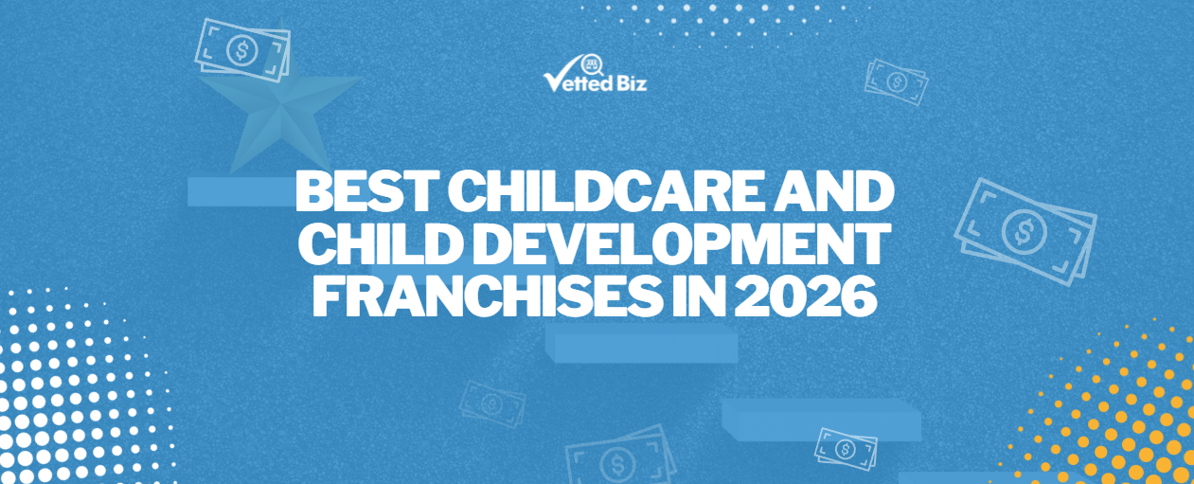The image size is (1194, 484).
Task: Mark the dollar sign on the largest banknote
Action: [x=1023, y=228]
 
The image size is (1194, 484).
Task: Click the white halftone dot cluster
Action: [x=57, y=388]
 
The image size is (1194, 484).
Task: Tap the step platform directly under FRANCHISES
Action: [x=642, y=346]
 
